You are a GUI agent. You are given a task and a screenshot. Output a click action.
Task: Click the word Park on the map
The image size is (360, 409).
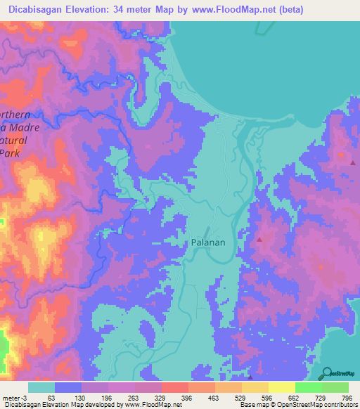click(9, 152)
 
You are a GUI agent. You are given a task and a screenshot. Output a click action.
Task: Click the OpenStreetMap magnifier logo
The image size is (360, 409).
click(326, 372)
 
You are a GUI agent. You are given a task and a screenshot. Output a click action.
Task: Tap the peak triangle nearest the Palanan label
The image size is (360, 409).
click(259, 240)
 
